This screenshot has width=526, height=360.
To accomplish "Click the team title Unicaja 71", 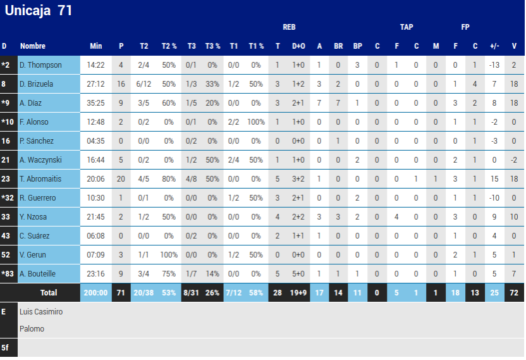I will point(39,11).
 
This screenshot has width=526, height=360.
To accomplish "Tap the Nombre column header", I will point(33,46).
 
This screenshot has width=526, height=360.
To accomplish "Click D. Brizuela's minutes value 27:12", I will point(95,84).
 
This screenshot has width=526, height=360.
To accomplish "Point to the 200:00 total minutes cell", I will point(95,293).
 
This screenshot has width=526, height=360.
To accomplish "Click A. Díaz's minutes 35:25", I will point(95,103).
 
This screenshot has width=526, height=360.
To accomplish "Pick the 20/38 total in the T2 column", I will point(144,293).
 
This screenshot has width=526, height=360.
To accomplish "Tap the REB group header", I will point(289,27).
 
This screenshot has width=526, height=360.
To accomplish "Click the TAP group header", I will point(407,27).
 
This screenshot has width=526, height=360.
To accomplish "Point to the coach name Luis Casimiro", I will point(41,312).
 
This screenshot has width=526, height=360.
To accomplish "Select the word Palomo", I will point(32,329).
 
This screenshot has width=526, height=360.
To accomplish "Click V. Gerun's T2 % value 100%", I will point(169,255).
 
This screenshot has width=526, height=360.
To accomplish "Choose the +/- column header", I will point(494,46).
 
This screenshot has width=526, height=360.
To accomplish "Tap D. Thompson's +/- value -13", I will point(494,65).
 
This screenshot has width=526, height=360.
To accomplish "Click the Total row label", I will point(49,293).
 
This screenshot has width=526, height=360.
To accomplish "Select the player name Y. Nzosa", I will point(35,217).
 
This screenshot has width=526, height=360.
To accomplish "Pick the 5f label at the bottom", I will point(5,347).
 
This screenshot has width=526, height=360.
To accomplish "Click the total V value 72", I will point(514,293).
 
